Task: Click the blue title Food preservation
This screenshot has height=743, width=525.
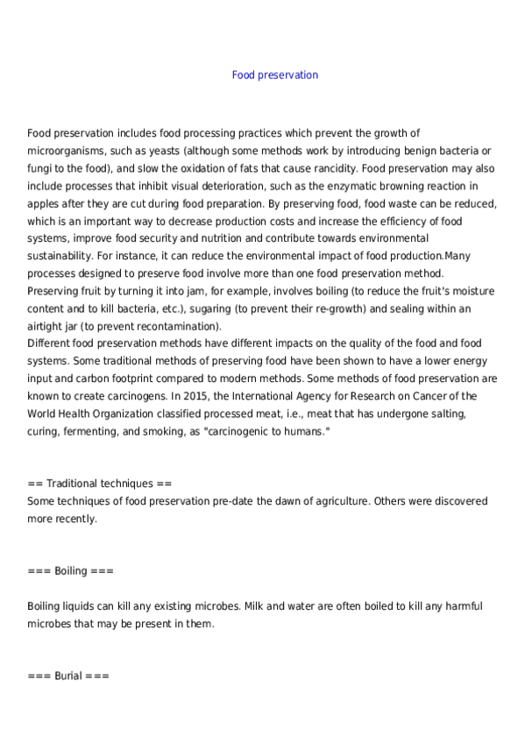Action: [x=274, y=75]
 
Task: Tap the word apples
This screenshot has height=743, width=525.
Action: [x=44, y=202]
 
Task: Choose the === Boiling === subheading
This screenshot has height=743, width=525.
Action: [x=71, y=571]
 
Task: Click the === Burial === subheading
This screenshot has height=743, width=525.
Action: [x=68, y=676]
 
